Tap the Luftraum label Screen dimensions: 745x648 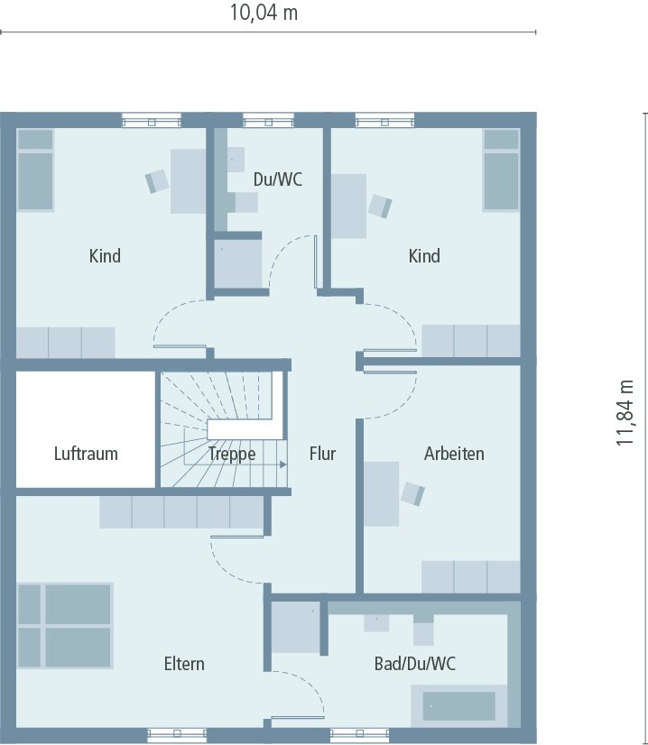point(86,454)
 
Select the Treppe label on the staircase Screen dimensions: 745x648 point(232,454)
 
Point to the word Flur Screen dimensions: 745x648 point(322,454)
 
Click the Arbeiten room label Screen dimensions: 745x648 point(454,454)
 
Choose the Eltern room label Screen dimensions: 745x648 point(184,664)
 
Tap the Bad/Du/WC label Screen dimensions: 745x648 point(415,664)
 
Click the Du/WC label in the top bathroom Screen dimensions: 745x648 point(277,179)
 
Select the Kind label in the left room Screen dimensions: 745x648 point(105,256)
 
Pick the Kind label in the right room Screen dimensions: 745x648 point(424,256)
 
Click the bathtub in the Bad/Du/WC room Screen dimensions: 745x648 point(459,705)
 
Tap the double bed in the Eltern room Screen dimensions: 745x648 point(64,625)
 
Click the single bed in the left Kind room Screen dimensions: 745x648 point(36,170)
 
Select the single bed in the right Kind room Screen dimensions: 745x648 point(501,170)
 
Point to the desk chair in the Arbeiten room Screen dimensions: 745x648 point(412,493)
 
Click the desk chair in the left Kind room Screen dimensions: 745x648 point(158,180)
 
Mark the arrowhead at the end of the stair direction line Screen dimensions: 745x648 point(283,464)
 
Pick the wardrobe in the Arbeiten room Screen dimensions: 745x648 point(471,576)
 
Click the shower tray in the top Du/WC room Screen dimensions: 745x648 point(238,264)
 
